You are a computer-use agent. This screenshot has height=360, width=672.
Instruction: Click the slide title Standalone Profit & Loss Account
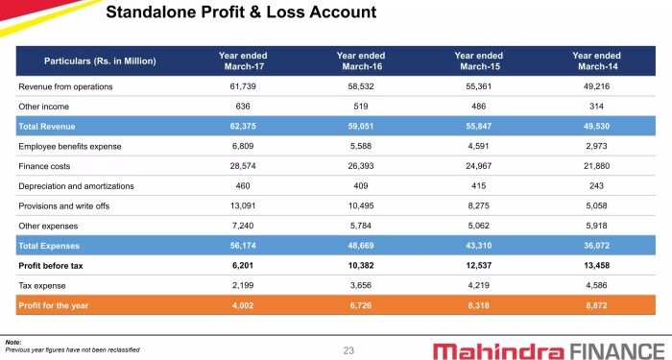click(240, 12)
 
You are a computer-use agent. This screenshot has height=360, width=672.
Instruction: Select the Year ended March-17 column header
click(243, 60)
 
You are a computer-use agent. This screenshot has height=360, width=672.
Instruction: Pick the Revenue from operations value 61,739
click(243, 86)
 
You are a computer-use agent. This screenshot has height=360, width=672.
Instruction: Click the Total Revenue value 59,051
click(361, 126)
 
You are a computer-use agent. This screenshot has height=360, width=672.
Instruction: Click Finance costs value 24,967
click(478, 166)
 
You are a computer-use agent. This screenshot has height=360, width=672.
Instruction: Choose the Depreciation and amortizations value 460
click(243, 185)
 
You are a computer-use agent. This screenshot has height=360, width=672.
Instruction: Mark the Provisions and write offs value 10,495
click(361, 205)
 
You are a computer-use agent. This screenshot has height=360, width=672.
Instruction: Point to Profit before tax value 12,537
click(478, 265)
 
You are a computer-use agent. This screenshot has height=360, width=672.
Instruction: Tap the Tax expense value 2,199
click(243, 285)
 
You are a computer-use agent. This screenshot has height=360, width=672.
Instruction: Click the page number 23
click(348, 350)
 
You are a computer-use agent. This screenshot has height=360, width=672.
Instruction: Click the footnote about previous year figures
click(72, 349)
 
